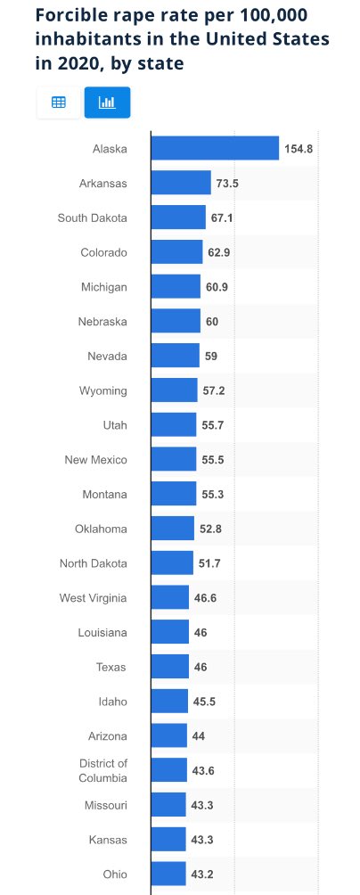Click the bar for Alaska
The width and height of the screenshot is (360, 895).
(x=215, y=149)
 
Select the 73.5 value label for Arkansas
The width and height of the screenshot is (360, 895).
(x=227, y=184)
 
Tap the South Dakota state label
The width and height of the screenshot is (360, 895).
(x=93, y=218)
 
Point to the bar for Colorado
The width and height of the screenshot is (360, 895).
(x=176, y=252)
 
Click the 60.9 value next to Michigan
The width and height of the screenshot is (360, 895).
(x=219, y=287)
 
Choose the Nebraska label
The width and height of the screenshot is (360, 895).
(x=102, y=322)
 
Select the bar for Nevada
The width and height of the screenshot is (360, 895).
(x=175, y=356)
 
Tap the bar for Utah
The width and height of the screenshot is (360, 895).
(x=174, y=425)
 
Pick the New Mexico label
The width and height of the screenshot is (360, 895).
(x=96, y=460)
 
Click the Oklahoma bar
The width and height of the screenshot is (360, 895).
(x=172, y=529)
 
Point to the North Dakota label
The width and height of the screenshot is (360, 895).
(x=94, y=563)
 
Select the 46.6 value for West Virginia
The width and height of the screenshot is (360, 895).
(x=206, y=598)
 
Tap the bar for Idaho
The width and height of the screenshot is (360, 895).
(x=169, y=702)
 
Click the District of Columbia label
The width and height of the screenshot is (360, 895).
(x=102, y=770)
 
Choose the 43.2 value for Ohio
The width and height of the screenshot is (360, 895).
(x=202, y=874)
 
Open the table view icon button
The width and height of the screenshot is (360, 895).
(x=59, y=103)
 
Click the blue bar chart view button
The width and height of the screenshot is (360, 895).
(x=107, y=103)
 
